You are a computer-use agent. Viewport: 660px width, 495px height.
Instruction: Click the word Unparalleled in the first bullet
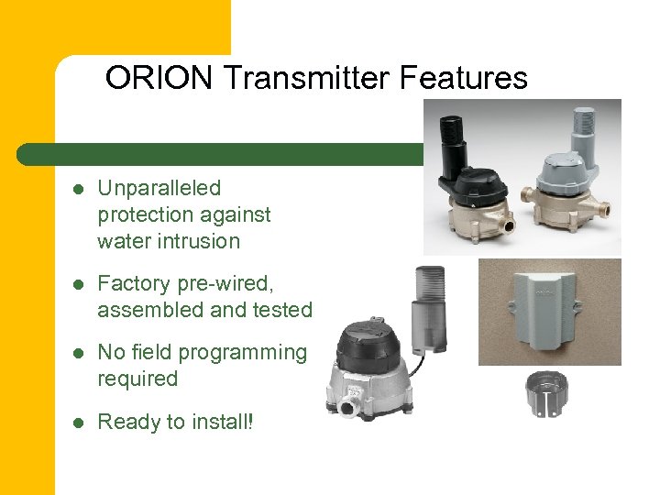point(159,188)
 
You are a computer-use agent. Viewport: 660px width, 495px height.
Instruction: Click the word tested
point(281,310)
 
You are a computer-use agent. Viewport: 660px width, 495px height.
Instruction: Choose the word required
point(137,379)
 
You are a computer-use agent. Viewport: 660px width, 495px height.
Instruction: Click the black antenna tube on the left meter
point(454,147)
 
